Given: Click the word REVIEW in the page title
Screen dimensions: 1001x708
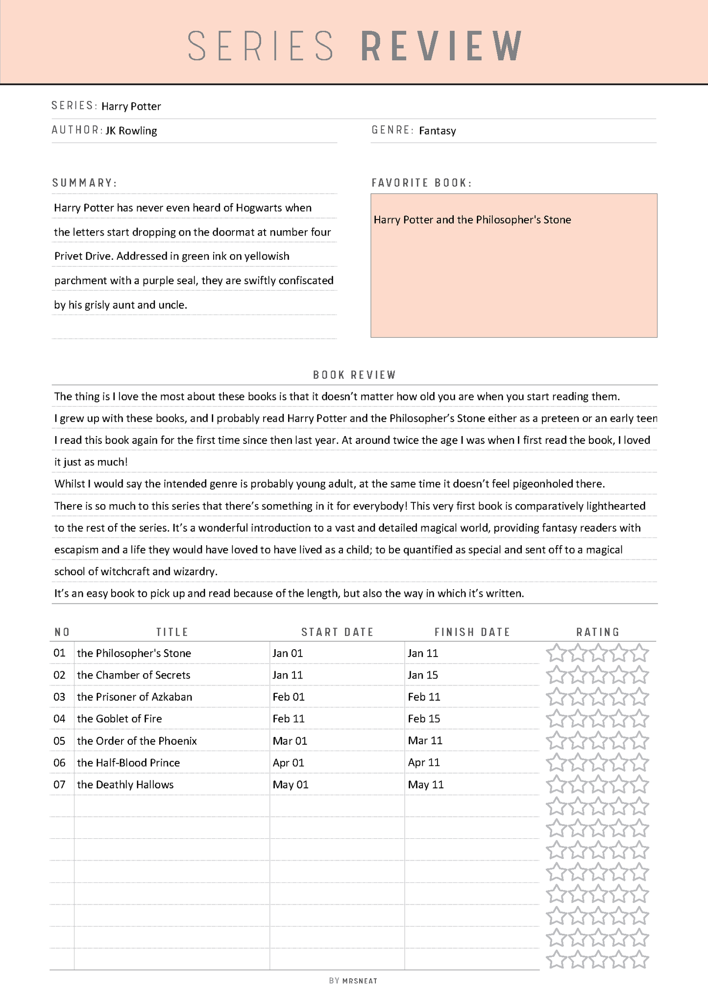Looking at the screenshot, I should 441,46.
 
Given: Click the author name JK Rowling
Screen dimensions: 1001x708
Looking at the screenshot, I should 131,131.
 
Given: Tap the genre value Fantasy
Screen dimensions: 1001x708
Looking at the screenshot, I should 437,131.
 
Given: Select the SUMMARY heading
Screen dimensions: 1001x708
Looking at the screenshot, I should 84,183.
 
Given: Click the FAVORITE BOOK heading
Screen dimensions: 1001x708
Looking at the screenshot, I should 421,183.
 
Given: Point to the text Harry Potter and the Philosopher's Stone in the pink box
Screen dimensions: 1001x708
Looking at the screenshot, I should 472,220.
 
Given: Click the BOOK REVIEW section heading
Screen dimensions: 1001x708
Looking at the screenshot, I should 354,375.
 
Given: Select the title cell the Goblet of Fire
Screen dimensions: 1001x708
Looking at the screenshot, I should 119,719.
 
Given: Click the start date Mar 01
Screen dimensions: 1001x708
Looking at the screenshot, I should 290,741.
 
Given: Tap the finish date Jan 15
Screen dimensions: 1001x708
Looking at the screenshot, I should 422,675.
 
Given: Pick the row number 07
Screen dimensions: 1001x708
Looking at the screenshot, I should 59,784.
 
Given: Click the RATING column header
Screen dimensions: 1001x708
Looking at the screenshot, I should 598,632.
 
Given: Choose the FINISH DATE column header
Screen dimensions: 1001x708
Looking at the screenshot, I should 472,632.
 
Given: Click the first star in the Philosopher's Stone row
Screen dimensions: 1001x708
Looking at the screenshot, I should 556,653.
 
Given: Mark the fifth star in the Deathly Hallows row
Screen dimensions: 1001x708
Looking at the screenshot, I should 639,784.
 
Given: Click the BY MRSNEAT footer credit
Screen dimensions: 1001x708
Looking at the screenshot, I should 353,980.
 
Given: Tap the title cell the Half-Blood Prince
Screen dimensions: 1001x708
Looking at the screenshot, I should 128,763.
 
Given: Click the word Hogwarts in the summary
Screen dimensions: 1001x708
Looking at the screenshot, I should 259,208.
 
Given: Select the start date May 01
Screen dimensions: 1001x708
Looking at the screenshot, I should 291,784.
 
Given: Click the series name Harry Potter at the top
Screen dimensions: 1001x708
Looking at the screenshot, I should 131,106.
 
